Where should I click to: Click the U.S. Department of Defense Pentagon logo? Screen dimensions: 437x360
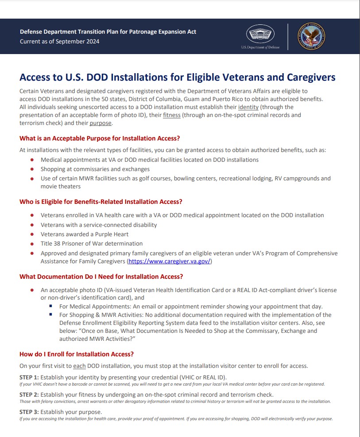260,34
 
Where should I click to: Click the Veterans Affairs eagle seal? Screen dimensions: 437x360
311,36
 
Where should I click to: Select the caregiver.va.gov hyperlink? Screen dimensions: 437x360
170,261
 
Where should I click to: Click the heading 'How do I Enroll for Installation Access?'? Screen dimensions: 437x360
77,354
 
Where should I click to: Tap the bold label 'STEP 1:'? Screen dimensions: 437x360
29,377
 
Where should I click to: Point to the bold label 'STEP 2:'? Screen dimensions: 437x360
29,394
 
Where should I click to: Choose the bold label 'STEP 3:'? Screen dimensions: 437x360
29,412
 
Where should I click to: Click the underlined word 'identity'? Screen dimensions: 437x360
248,107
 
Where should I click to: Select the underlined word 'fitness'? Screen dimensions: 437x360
173,115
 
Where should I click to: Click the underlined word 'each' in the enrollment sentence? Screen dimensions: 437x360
79,366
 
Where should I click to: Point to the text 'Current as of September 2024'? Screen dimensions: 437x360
59,42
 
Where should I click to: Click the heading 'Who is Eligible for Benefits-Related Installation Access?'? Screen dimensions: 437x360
101,202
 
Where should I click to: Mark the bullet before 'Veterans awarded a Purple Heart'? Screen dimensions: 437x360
32,234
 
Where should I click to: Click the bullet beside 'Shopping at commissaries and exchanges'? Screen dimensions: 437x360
32,169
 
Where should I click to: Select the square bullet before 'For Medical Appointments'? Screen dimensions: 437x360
51,307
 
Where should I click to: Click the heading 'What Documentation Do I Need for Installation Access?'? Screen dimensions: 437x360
101,277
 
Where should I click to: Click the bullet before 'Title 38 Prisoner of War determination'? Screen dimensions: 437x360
32,244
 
